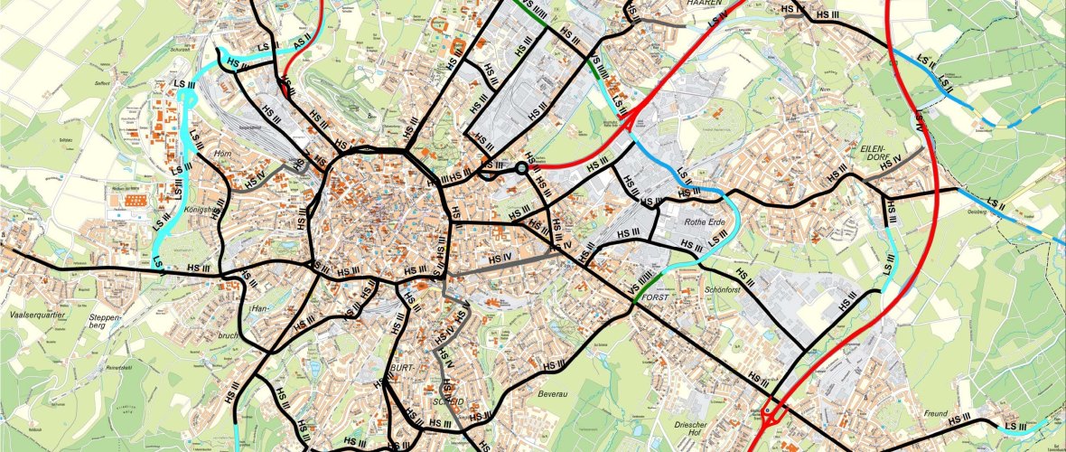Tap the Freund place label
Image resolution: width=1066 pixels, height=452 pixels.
936,413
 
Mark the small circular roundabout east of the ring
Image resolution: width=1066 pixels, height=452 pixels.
521,167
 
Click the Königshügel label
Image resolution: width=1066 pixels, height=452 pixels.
202,211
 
